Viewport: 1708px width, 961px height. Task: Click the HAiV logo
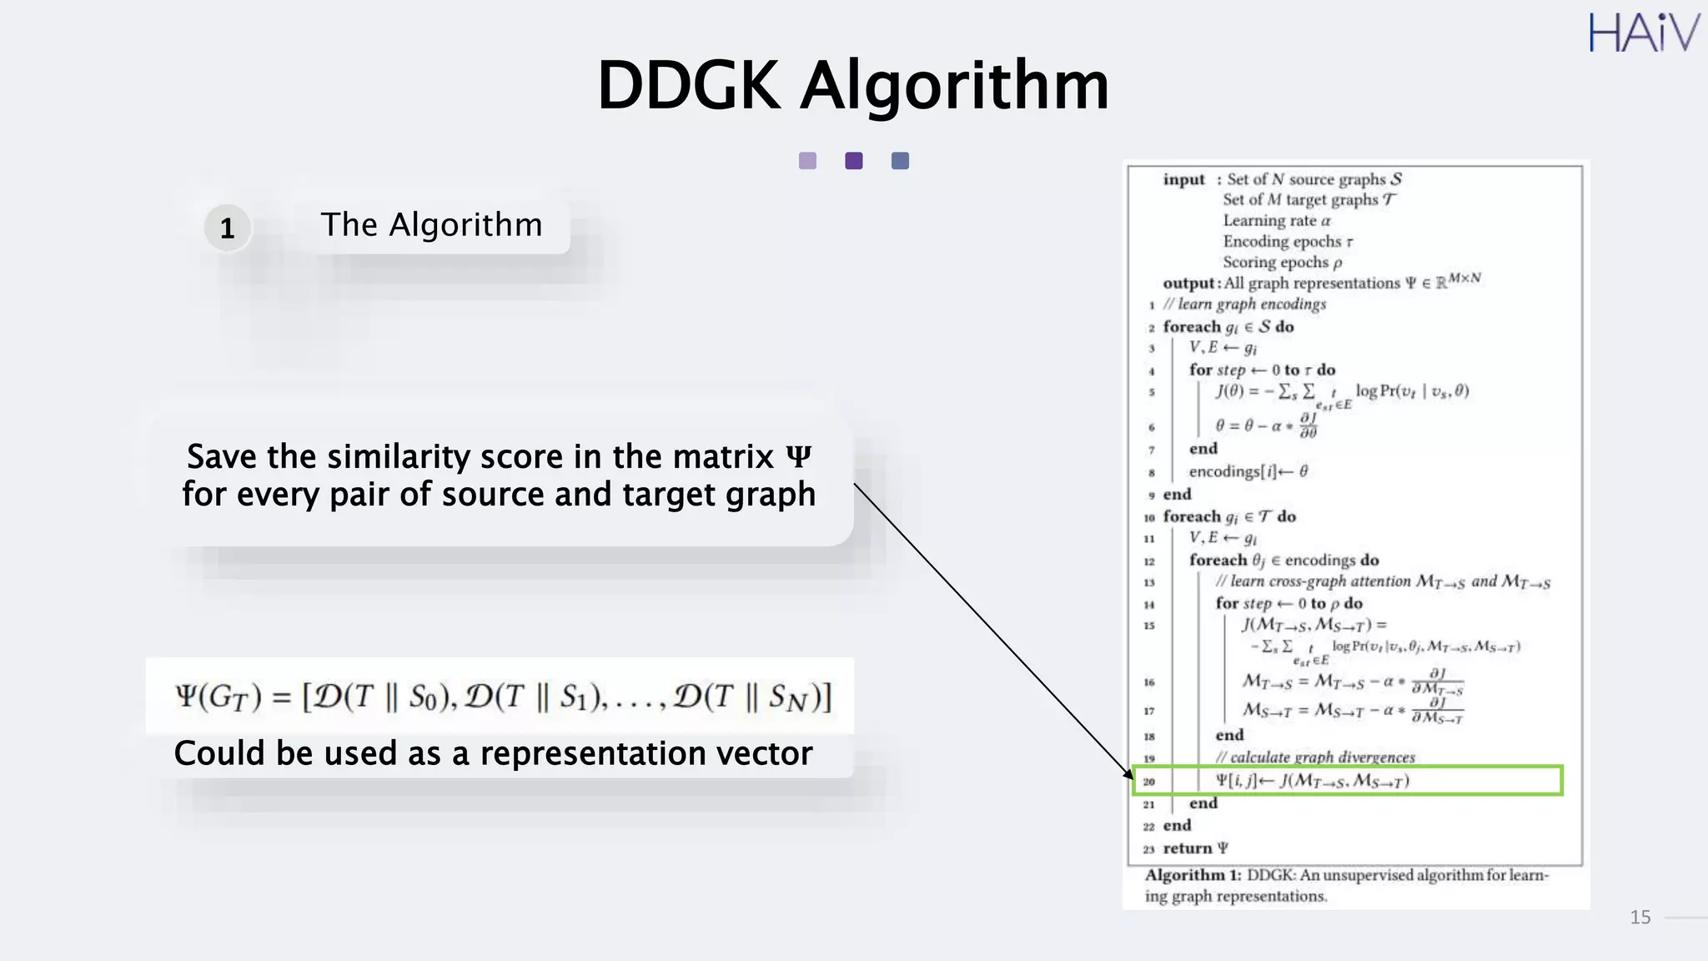point(1642,33)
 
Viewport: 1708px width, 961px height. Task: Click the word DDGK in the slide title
point(688,85)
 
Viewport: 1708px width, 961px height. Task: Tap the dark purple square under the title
point(853,161)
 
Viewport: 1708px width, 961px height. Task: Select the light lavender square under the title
point(807,161)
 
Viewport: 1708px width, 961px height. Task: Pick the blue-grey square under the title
point(900,161)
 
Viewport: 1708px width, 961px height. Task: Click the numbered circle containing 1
point(227,228)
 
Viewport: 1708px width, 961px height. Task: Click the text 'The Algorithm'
point(431,225)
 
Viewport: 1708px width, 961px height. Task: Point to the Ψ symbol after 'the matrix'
point(798,457)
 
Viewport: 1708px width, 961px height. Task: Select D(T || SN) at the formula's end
point(747,697)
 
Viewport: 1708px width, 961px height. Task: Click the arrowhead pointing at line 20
point(1128,773)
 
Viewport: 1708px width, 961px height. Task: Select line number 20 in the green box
point(1149,782)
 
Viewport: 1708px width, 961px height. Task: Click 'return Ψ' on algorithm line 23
point(1195,848)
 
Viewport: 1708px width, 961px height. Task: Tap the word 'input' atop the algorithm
point(1183,179)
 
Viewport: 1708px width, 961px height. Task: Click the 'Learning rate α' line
point(1276,220)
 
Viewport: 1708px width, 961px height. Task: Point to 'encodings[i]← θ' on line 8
point(1248,471)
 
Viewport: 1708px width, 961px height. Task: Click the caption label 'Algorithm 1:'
point(1193,875)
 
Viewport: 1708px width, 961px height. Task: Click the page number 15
point(1640,918)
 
